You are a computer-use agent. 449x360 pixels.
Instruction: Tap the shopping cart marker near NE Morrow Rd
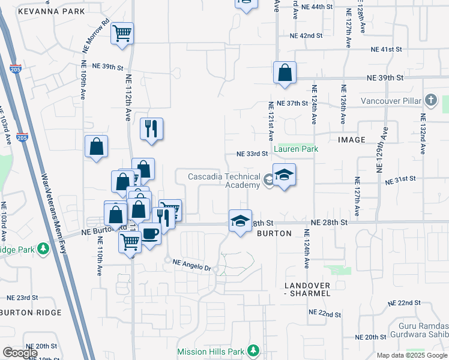[122, 33]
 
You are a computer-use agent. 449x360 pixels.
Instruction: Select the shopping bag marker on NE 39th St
[285, 73]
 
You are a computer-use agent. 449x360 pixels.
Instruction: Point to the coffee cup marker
[150, 232]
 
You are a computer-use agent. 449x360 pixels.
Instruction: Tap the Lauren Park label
[295, 148]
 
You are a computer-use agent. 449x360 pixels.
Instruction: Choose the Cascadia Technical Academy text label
[223, 181]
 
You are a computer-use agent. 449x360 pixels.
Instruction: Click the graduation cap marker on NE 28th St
[240, 221]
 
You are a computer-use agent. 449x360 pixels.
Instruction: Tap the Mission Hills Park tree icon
[253, 350]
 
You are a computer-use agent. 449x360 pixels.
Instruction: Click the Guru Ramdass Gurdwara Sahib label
[419, 331]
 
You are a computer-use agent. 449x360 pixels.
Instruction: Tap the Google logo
[20, 352]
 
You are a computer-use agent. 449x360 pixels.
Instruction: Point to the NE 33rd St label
[252, 154]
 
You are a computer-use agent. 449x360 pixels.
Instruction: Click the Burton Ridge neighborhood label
[31, 313]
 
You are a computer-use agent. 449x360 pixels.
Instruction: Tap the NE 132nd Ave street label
[423, 136]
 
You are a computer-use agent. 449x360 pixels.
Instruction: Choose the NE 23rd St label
[22, 298]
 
